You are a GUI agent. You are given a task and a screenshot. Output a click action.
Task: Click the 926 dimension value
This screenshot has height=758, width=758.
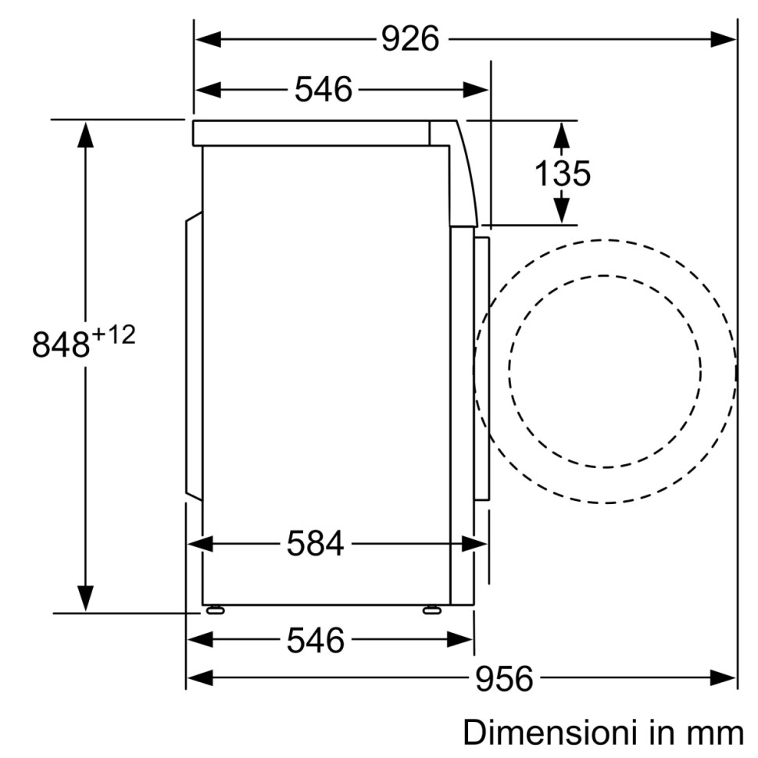(410, 38)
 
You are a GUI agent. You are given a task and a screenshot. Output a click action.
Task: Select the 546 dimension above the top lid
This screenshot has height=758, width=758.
(324, 89)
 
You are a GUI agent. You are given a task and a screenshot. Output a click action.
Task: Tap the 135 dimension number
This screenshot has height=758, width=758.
(562, 173)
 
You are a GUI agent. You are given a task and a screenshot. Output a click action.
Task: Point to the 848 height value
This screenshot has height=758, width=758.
(61, 344)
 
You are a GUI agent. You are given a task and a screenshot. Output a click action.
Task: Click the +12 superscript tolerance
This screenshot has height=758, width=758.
(114, 335)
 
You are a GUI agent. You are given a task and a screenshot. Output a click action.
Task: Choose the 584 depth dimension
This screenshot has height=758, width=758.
(315, 543)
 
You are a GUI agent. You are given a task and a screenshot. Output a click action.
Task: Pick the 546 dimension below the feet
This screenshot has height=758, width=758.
(315, 640)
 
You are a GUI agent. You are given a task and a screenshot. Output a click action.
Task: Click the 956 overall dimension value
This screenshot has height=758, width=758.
(504, 678)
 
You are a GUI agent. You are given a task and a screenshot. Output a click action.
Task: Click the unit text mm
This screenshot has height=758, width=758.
(714, 733)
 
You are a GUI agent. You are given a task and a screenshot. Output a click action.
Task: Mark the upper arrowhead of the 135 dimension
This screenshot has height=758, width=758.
(560, 134)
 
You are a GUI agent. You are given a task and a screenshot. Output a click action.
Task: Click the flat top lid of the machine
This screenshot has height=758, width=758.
(313, 133)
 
